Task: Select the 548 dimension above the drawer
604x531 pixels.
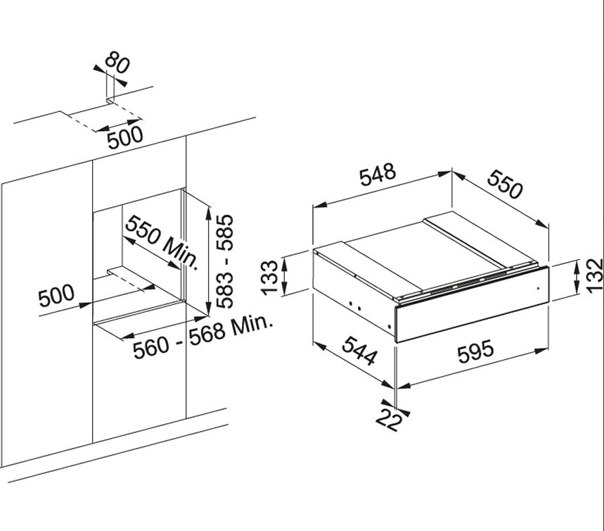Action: tap(378, 177)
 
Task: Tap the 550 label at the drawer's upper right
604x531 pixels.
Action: tap(506, 184)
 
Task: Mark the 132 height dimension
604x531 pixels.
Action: tap(593, 275)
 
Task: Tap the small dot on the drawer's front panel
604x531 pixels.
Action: tap(536, 288)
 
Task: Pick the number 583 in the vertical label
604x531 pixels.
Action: tap(225, 290)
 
